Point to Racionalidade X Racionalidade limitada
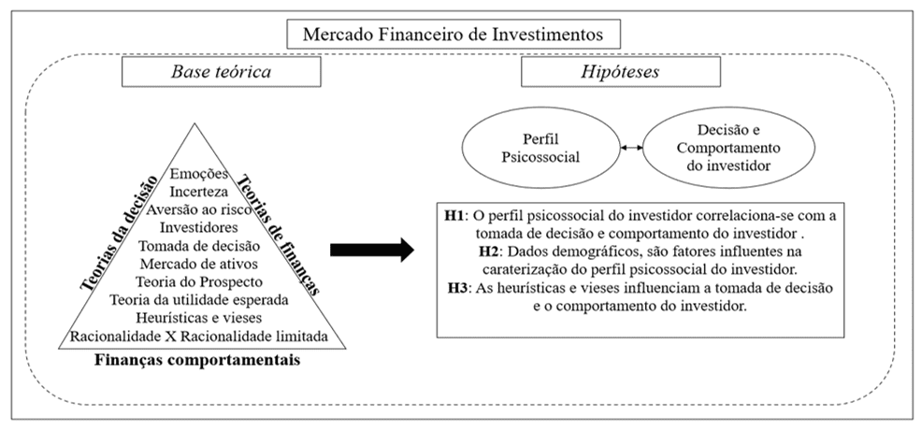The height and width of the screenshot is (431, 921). [203, 335]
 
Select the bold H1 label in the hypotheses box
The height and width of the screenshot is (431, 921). [456, 216]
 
